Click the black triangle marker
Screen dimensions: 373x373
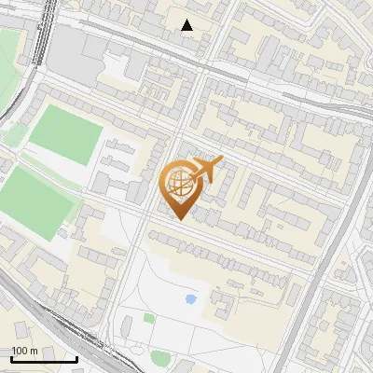tap(187, 25)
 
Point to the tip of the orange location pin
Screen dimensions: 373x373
tap(177, 220)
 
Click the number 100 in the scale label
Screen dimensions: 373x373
tap(20, 351)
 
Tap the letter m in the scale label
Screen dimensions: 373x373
tap(33, 351)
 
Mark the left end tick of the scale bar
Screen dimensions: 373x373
tap(11, 357)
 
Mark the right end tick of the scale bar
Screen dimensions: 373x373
tap(76, 357)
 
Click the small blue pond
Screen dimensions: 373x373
tap(191, 299)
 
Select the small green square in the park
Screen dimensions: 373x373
tap(149, 318)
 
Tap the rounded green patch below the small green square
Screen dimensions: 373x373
tap(160, 357)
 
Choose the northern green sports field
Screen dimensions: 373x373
tap(65, 136)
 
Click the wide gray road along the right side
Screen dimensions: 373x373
tap(322, 261)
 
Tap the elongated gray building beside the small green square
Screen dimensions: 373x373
tap(126, 326)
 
